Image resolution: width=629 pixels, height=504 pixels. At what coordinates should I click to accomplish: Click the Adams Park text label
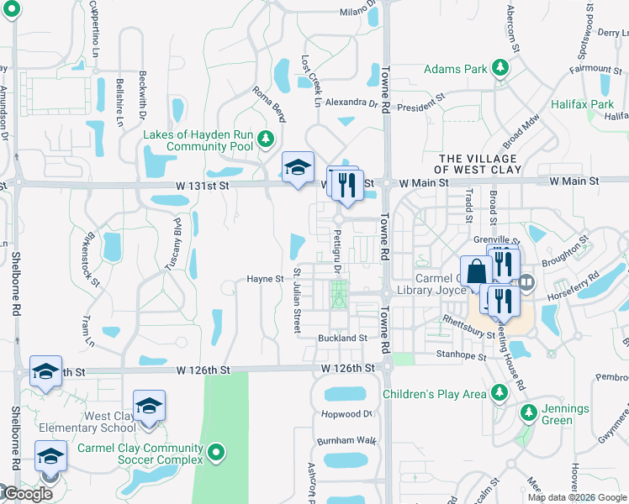(x=454, y=69)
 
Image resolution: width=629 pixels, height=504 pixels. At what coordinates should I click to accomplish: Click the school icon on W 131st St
(x=297, y=167)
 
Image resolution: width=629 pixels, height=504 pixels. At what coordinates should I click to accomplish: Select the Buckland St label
(x=342, y=338)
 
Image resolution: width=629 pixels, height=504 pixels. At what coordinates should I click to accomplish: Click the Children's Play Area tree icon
(x=499, y=393)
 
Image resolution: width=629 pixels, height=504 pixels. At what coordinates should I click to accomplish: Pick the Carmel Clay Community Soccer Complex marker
(x=216, y=454)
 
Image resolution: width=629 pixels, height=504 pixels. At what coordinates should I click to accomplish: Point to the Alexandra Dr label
(x=351, y=102)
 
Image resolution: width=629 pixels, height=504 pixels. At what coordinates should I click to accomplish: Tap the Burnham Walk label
(x=346, y=440)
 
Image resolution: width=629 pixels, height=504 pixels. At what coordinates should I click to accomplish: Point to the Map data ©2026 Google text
(x=577, y=496)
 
